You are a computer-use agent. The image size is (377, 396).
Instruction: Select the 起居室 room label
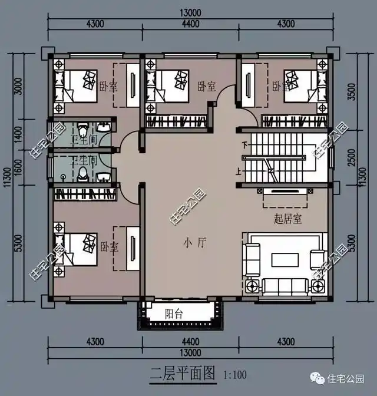coord(287,219)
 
